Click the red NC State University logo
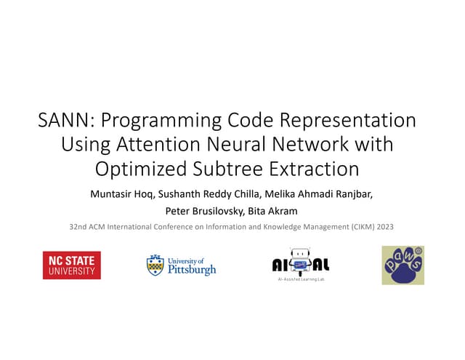coord(72,265)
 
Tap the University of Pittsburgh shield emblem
coord(155,265)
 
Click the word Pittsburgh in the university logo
coord(192,270)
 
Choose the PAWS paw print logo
coord(403,265)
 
